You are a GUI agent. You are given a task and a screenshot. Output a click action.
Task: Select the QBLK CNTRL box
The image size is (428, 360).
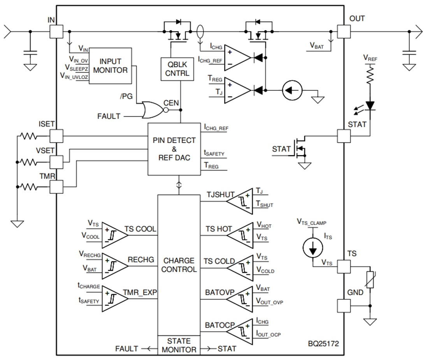coord(177,69)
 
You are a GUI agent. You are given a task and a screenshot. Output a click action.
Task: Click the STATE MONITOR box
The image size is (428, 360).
coord(179,345)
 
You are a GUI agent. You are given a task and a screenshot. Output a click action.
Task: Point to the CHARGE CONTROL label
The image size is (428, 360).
coord(179,265)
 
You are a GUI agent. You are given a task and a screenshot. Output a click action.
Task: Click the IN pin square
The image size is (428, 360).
coord(56,32)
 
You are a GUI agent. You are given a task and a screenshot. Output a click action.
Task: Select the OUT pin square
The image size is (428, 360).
coord(344,32)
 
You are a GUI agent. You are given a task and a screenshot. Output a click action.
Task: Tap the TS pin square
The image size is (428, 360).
coord(344,267)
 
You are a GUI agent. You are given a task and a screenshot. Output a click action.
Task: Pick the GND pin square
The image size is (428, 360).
coord(344,306)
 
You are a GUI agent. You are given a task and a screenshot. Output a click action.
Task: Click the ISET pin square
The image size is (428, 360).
coord(56,136)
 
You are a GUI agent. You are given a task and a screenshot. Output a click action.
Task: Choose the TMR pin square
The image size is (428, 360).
coord(56,187)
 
